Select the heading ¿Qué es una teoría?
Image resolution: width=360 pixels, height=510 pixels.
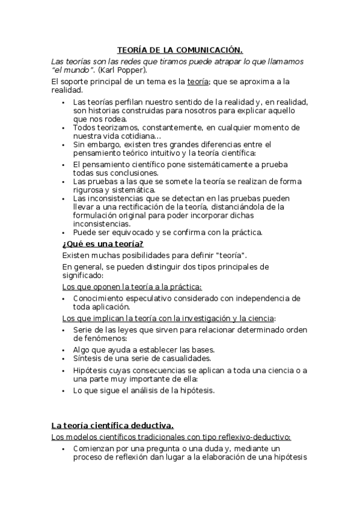point(103,243)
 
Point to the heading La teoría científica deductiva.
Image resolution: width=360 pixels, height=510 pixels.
point(112,425)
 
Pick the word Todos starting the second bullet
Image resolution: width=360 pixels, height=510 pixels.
point(85,127)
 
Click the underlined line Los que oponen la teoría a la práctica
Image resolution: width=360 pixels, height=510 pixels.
point(132,287)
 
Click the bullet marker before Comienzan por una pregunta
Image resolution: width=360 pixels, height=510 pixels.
point(64,449)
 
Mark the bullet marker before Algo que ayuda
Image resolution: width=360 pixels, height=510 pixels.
point(64,349)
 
